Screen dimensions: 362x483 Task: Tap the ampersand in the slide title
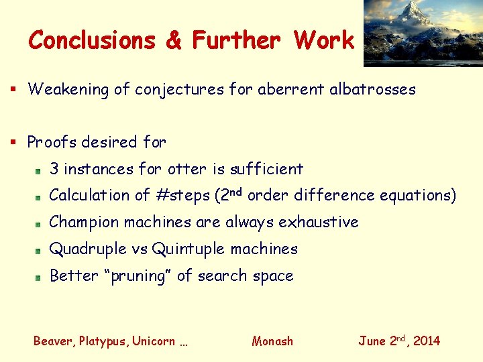[x=173, y=40]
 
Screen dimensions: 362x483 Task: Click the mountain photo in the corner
[x=423, y=33]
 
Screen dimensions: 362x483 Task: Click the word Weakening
[x=68, y=89]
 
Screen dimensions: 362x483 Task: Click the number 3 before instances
[x=54, y=169]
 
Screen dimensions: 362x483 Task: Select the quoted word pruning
[x=142, y=276]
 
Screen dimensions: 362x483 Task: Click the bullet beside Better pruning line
[x=40, y=277]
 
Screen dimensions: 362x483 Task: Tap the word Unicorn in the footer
[x=154, y=341]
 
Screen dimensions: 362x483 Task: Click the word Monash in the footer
[x=272, y=341]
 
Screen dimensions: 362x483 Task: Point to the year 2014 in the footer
[x=427, y=341]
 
